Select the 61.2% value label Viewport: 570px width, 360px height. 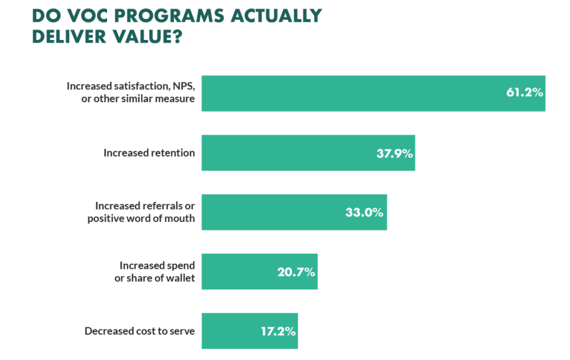point(524,93)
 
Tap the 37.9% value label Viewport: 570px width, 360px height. point(394,154)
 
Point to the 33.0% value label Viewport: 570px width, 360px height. point(364,213)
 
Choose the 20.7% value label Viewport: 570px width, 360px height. point(296,273)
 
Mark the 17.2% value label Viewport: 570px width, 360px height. point(278,332)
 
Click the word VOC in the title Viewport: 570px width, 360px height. point(86,16)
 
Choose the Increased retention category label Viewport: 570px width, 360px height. point(149,153)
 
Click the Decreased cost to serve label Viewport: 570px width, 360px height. point(140,332)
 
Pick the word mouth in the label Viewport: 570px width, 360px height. point(180,219)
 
